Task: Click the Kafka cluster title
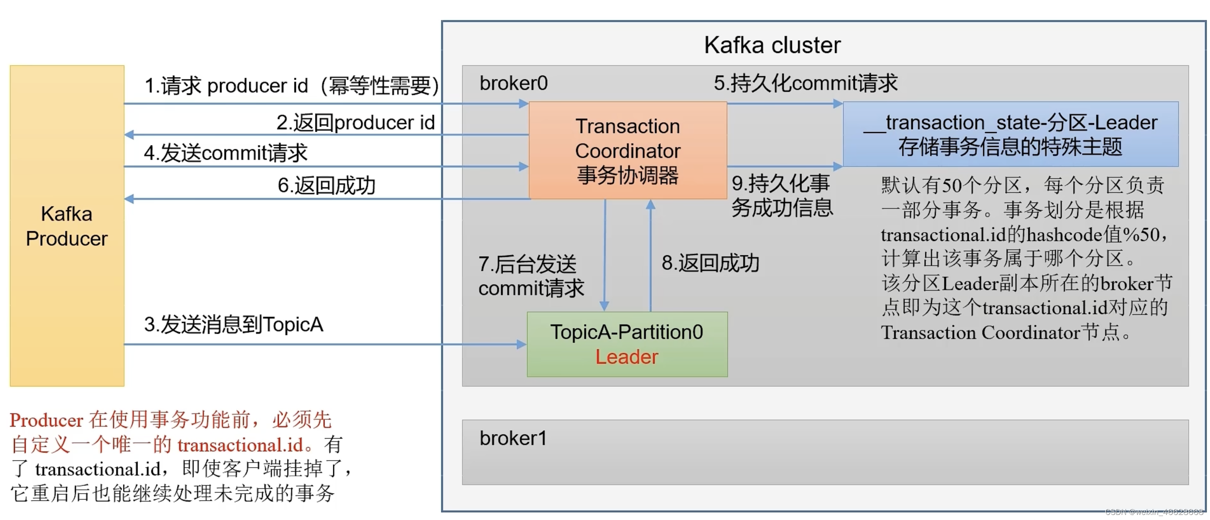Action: [x=772, y=46]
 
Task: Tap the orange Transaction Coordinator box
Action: [x=627, y=150]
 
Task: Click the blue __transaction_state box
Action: [x=1010, y=134]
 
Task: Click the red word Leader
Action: [x=627, y=357]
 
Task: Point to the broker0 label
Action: [x=513, y=83]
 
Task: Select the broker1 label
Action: [x=513, y=438]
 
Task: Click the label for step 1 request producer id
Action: [x=291, y=86]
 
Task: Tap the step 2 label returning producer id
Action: [x=355, y=122]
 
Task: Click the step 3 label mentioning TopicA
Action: [x=234, y=324]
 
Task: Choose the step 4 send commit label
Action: [x=226, y=153]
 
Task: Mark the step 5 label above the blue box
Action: [x=805, y=83]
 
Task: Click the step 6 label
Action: [x=326, y=185]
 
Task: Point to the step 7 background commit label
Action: [x=531, y=276]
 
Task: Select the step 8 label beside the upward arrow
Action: [x=710, y=263]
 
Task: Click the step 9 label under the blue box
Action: [x=782, y=195]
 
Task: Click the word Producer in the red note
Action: [x=46, y=420]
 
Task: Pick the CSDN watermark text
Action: [x=1154, y=512]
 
